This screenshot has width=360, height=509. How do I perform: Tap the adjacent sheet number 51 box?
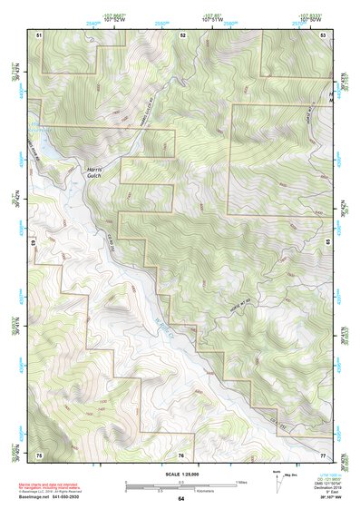click(40, 34)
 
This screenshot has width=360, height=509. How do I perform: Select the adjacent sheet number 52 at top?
click(182, 34)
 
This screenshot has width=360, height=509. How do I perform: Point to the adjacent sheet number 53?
click(324, 34)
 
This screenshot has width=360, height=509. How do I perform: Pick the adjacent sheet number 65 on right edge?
click(328, 243)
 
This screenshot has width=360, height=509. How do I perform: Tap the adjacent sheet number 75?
click(40, 454)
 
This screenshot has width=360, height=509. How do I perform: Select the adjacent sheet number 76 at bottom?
click(181, 454)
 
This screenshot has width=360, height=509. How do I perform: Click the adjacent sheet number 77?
click(324, 454)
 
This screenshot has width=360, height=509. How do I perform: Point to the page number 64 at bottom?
click(180, 498)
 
